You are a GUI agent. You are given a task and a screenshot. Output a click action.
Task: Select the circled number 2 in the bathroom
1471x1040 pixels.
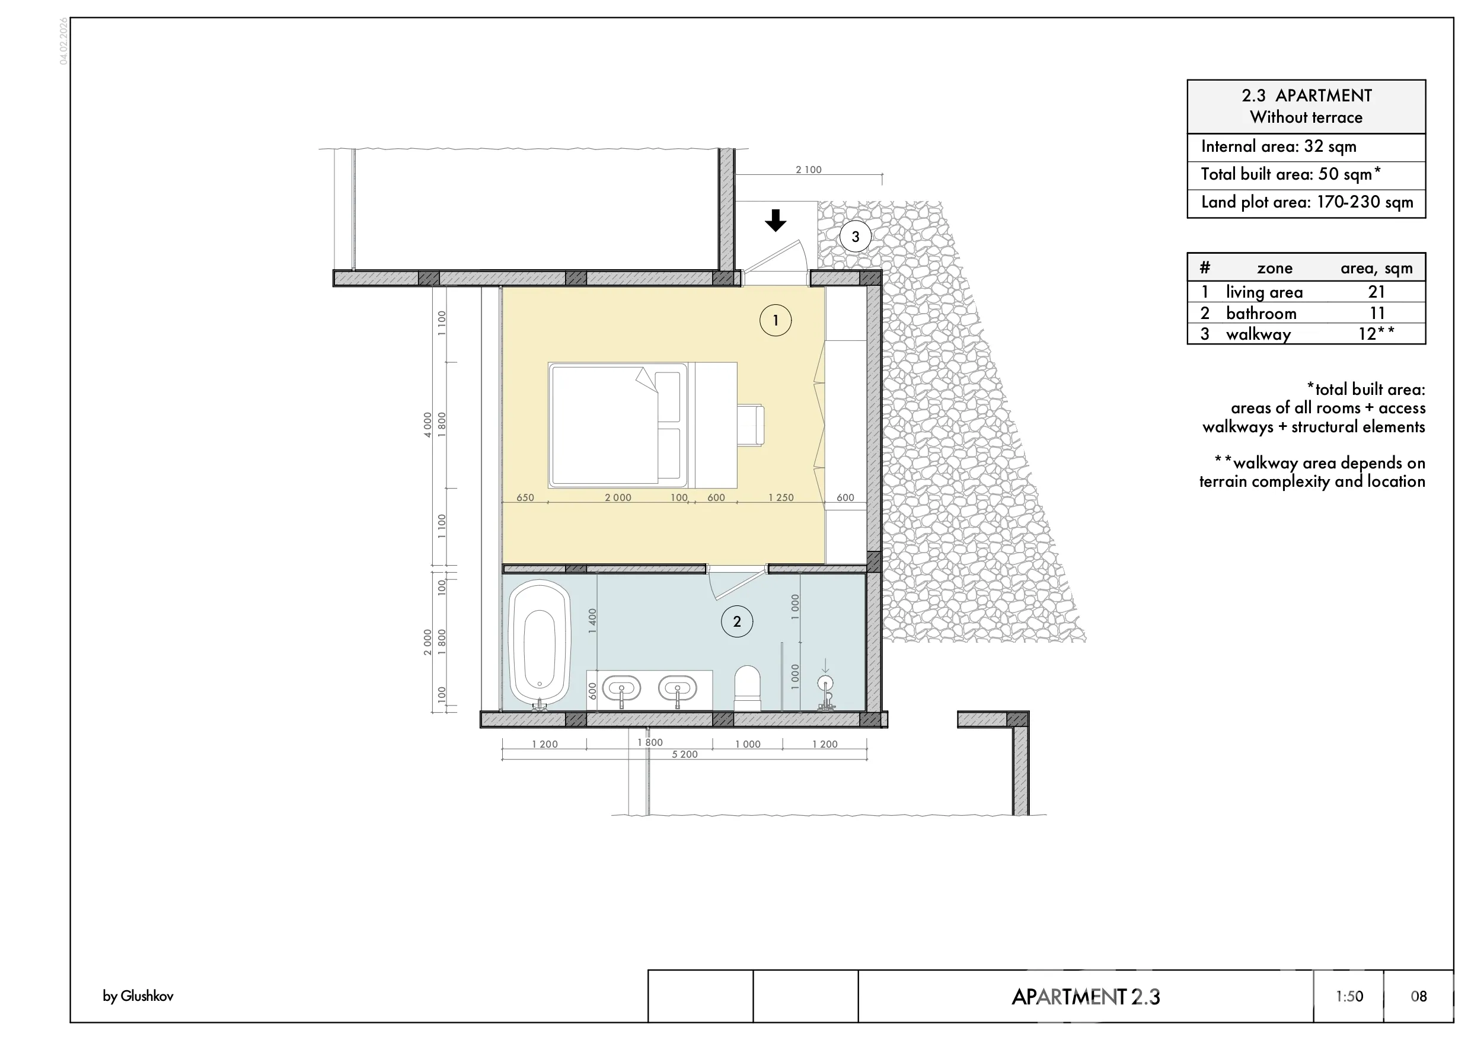pyautogui.click(x=737, y=621)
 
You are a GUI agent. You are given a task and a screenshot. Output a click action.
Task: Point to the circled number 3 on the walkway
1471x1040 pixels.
pyautogui.click(x=856, y=237)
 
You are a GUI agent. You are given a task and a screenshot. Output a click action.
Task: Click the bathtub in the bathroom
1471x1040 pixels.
pyautogui.click(x=540, y=643)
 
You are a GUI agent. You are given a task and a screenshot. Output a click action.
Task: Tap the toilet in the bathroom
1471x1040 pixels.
pyautogui.click(x=747, y=688)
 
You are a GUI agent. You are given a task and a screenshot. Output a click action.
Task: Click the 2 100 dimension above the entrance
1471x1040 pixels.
pyautogui.click(x=809, y=170)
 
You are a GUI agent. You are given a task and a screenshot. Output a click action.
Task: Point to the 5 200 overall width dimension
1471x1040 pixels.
pyautogui.click(x=685, y=755)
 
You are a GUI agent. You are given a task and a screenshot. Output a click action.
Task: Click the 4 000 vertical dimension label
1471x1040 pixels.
pyautogui.click(x=428, y=425)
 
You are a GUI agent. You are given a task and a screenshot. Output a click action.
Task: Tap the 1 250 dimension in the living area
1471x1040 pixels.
pyautogui.click(x=781, y=498)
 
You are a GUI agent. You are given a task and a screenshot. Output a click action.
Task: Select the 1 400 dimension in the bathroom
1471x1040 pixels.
pyautogui.click(x=593, y=621)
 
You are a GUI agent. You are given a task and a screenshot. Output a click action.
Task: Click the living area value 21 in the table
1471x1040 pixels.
pyautogui.click(x=1377, y=292)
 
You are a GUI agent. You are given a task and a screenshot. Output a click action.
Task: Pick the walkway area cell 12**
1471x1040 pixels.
pyautogui.click(x=1376, y=334)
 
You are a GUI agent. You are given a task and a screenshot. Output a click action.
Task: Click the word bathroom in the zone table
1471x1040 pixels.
pyautogui.click(x=1261, y=313)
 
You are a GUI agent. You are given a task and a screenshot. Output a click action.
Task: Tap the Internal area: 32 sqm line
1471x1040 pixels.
pyautogui.click(x=1279, y=146)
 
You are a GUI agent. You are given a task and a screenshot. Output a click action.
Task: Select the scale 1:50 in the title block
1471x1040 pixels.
pyautogui.click(x=1349, y=997)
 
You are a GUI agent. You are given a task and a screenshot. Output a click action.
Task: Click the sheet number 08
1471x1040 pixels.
pyautogui.click(x=1418, y=997)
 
